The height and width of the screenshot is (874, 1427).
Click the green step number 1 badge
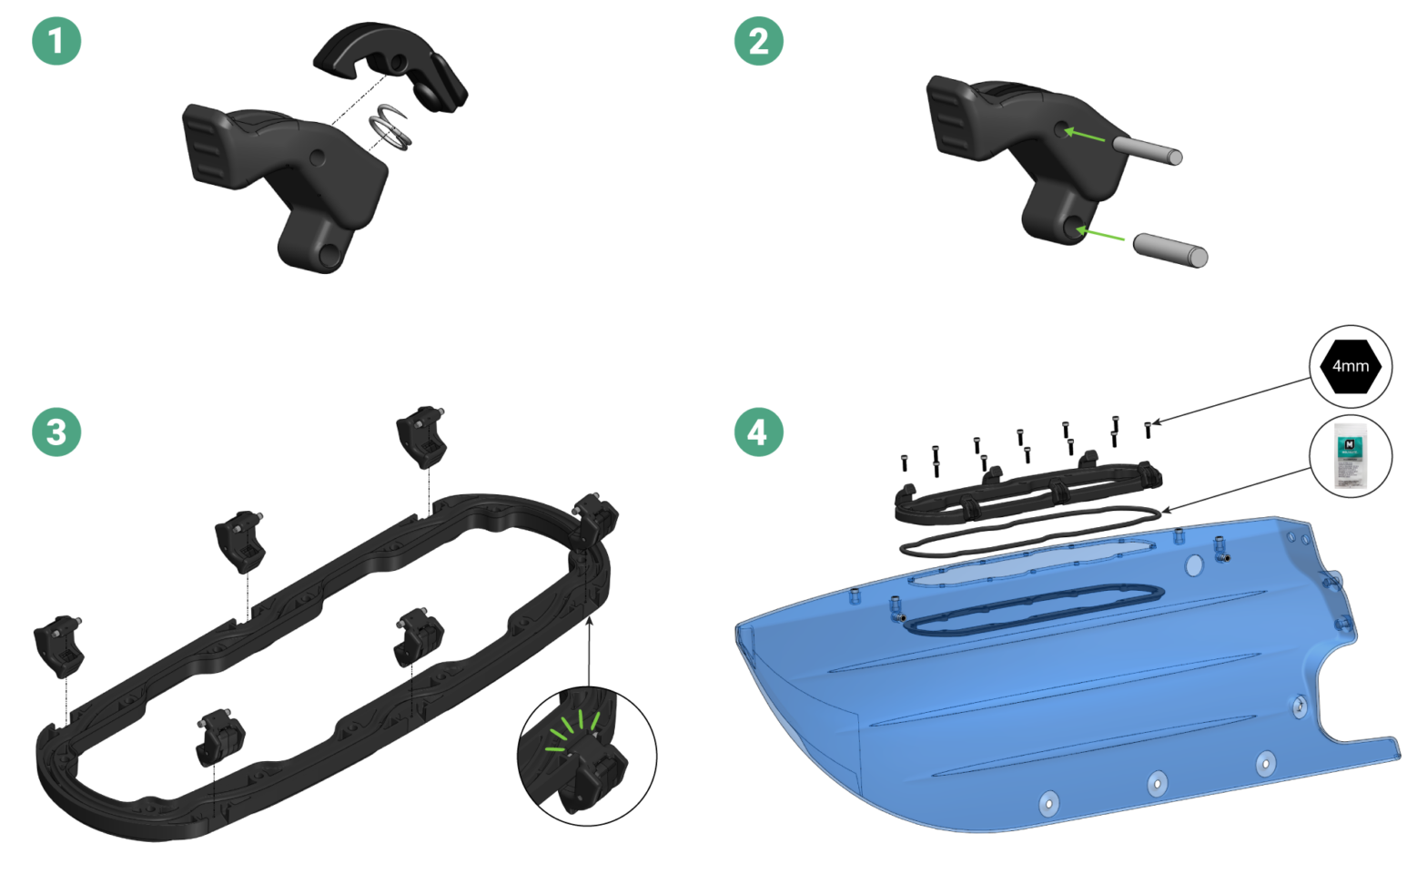(56, 41)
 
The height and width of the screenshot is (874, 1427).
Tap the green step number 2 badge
(758, 41)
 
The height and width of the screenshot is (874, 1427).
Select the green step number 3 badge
(56, 432)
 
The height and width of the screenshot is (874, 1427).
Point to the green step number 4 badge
(758, 432)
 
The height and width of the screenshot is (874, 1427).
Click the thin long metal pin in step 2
(1147, 149)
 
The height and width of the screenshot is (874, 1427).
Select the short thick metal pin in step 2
(1170, 250)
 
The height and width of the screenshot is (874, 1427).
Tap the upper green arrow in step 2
(1085, 136)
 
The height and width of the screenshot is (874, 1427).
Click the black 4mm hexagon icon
(1351, 366)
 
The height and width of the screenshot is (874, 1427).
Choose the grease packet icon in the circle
(1351, 456)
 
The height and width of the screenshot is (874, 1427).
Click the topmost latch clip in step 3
(420, 435)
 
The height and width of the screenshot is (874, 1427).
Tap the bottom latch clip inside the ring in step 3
(220, 737)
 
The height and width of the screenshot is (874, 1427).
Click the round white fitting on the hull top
(1194, 566)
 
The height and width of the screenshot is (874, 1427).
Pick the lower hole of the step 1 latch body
(329, 255)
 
